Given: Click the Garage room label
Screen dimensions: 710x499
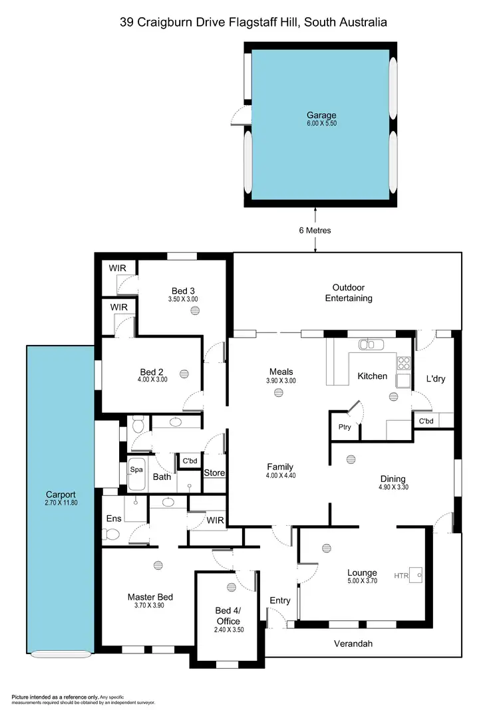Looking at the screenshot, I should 321,115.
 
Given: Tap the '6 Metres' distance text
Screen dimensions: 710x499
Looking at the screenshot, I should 315,231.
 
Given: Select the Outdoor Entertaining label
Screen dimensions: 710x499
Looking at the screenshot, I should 348,293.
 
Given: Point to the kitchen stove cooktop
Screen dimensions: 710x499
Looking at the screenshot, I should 403,363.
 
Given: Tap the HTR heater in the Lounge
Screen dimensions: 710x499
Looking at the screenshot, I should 415,575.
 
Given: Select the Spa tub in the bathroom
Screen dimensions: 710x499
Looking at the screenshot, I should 137,469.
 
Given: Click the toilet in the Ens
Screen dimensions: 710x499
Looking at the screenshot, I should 112,534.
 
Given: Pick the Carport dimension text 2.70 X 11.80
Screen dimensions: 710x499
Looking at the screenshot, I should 61,503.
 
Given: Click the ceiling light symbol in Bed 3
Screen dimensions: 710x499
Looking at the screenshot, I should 194,310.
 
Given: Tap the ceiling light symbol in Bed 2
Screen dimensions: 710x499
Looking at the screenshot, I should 184,374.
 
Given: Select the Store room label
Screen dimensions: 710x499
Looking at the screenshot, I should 214,473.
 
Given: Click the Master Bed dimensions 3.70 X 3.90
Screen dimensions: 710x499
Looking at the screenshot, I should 150,606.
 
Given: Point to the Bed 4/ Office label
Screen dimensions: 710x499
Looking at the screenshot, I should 228,616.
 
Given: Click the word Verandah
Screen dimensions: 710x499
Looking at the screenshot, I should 353,644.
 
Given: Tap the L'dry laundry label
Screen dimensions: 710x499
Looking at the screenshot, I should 436,378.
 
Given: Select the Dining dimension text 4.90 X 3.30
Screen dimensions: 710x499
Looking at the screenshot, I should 393,487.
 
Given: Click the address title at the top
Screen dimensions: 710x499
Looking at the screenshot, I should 253,23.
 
